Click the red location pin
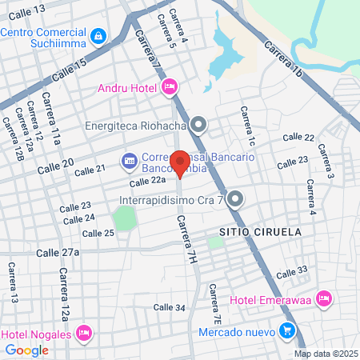[x=181, y=163]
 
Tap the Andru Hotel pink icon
[x=169, y=86]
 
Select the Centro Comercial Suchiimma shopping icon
[x=98, y=35]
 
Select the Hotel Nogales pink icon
[x=86, y=332]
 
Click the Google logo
[x=27, y=350]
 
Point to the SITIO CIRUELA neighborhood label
[x=268, y=231]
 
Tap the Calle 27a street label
[x=58, y=252]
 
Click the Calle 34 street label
[x=169, y=307]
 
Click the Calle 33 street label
[x=290, y=272]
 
